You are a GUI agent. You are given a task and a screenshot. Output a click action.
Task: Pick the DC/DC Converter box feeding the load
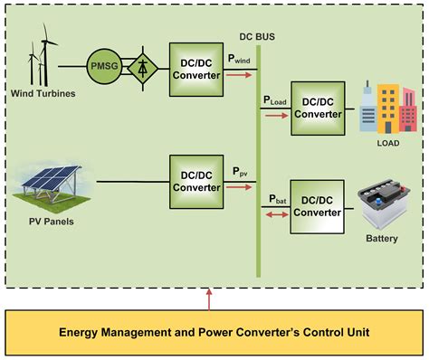click(317, 108)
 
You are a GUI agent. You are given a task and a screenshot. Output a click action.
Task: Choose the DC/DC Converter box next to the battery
click(317, 206)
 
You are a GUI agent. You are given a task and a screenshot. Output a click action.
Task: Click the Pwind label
click(241, 60)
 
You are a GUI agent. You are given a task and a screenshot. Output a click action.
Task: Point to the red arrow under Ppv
click(239, 187)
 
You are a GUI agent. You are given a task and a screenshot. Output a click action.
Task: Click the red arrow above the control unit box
click(210, 297)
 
